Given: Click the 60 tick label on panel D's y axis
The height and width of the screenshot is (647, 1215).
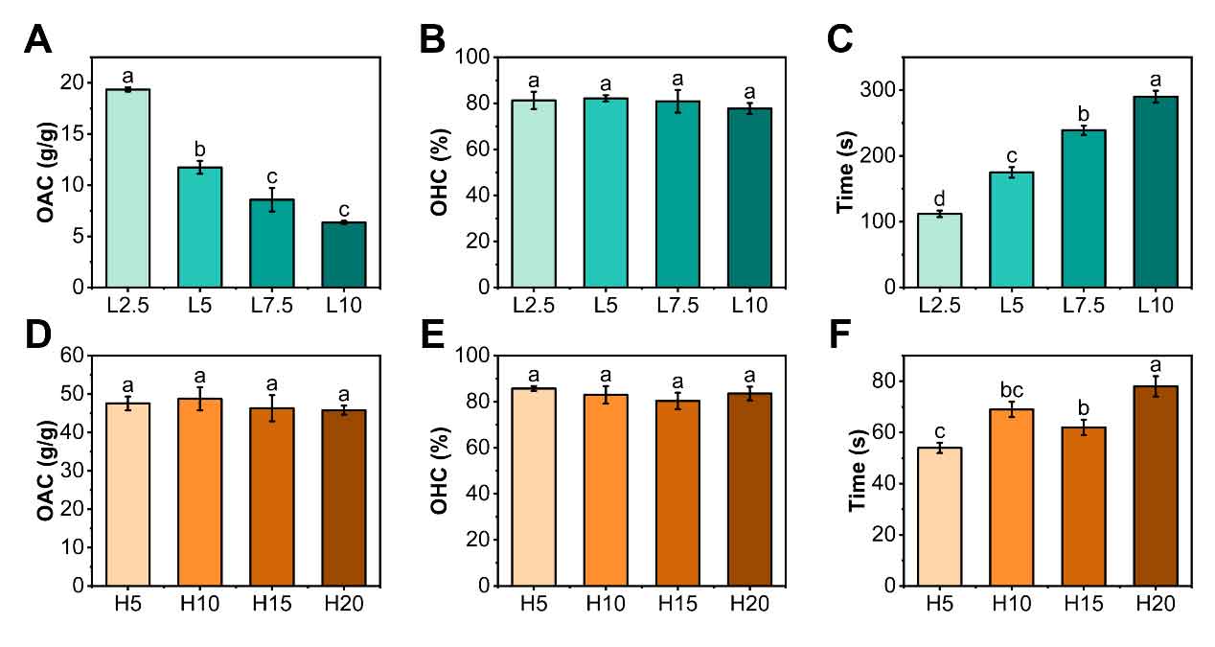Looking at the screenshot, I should [71, 356].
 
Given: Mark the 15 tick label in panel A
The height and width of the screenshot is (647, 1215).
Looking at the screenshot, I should [71, 133].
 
